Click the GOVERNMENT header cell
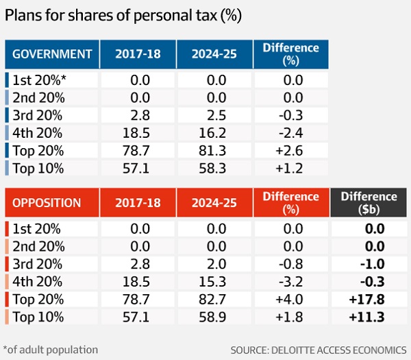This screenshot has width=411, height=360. point(53,53)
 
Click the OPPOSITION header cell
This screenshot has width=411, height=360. point(53,203)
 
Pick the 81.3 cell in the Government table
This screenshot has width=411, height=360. point(214,149)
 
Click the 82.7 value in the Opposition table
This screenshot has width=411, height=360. point(214,299)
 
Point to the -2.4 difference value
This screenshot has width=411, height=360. point(290,132)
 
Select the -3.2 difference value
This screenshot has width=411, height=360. point(290,282)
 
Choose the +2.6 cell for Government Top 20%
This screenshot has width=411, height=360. point(290,149)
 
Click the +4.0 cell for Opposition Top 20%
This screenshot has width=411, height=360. point(290,299)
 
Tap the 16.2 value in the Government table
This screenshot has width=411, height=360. point(214,132)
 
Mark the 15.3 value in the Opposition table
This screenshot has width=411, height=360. point(214,282)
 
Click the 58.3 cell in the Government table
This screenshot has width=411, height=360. point(214,167)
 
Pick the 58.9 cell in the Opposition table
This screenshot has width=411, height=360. point(214,317)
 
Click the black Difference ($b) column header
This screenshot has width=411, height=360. point(369,203)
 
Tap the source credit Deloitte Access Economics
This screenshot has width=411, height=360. point(319,350)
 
